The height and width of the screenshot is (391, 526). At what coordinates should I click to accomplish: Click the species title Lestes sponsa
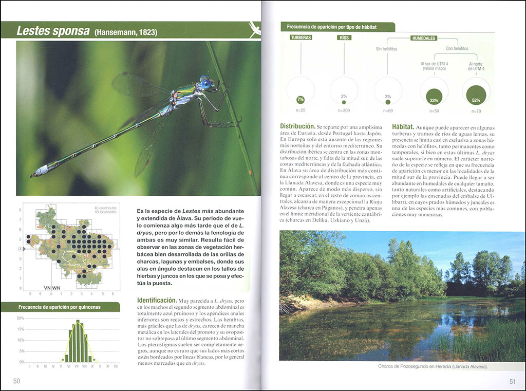click(x=53, y=31)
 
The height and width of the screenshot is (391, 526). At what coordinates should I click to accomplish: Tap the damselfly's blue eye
click(x=206, y=84)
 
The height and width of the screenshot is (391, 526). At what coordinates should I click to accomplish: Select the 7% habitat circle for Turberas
click(x=300, y=99)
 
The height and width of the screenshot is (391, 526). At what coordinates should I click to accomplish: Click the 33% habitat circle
click(x=434, y=96)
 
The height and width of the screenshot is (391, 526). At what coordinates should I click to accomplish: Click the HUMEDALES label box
click(x=424, y=38)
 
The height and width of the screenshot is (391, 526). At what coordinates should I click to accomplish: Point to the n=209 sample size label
click(x=344, y=110)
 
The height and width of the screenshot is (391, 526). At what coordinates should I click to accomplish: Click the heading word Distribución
click(x=297, y=126)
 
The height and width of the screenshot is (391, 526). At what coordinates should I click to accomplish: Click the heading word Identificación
click(x=157, y=300)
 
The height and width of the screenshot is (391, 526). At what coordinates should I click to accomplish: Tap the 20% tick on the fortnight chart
click(x=21, y=318)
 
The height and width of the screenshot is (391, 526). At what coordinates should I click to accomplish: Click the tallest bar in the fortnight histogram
click(x=78, y=342)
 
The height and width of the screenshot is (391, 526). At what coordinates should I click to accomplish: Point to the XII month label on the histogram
click(x=116, y=366)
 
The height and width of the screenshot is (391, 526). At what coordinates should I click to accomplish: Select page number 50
click(x=16, y=381)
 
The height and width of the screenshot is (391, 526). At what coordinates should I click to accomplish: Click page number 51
click(x=512, y=381)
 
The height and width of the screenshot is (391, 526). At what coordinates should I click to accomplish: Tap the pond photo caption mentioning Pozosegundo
click(x=432, y=366)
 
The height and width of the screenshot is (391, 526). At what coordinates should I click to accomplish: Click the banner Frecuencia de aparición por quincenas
click(x=60, y=307)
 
